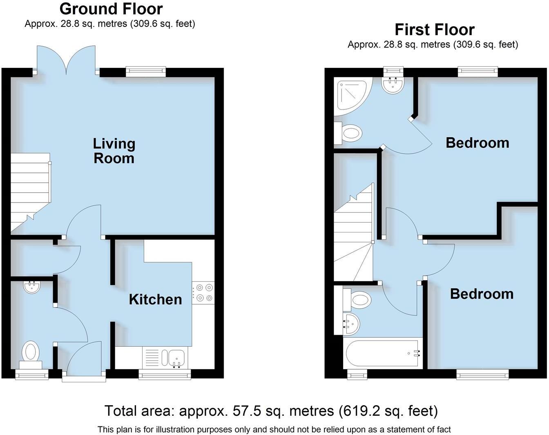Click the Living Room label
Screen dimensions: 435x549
tap(114, 151)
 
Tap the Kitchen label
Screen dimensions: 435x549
tap(155, 299)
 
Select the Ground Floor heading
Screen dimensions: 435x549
tap(111, 9)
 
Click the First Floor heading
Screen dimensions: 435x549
tap(434, 30)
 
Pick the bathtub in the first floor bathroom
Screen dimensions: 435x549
tap(383, 352)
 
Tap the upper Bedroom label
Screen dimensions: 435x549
tap(477, 143)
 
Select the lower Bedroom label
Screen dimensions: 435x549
tap(482, 294)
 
